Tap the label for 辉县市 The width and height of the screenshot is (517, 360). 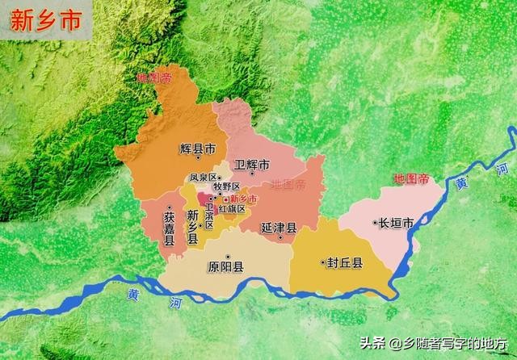[198, 149]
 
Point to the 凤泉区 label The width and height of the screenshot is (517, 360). [202, 178]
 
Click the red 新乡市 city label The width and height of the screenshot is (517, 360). [243, 199]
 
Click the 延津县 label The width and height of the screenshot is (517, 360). [279, 228]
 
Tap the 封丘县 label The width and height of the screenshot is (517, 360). [346, 262]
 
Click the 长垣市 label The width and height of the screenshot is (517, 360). [398, 222]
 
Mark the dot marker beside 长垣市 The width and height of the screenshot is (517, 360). [376, 222]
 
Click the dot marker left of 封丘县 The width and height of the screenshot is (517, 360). [322, 262]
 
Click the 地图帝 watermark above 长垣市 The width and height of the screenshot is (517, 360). [410, 178]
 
